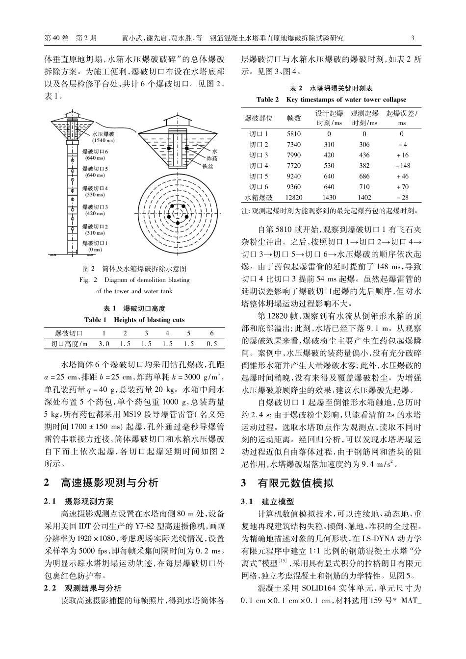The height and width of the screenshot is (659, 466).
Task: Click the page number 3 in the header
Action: [x=413, y=38]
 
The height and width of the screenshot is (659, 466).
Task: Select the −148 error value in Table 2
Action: [x=402, y=166]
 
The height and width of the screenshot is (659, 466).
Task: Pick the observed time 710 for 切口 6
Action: [x=364, y=187]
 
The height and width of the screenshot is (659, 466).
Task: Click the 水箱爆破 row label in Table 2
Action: [x=259, y=198]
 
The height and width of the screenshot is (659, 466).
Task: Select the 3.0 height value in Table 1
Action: [x=104, y=344]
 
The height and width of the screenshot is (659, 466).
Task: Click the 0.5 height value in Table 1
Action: [x=212, y=344]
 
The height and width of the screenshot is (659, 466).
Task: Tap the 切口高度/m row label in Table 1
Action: [x=65, y=344]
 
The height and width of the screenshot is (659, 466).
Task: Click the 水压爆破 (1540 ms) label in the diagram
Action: [x=103, y=137]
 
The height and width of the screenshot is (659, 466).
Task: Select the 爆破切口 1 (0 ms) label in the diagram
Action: [x=95, y=246]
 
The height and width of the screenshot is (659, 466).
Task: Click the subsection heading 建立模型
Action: [x=278, y=502]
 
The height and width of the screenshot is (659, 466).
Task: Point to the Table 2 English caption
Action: [x=331, y=100]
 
